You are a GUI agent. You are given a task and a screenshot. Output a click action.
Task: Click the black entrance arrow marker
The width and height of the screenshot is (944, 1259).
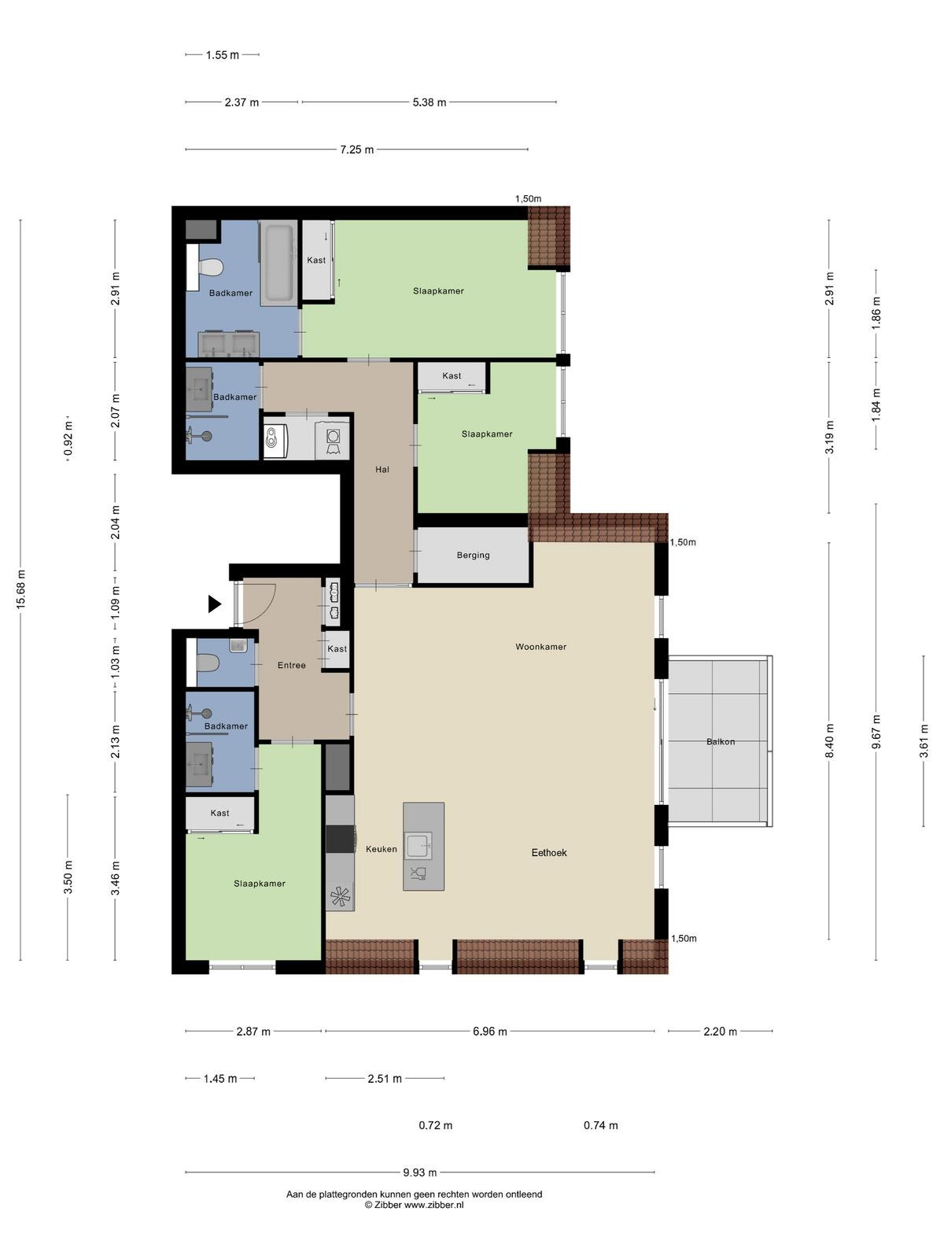(214, 604)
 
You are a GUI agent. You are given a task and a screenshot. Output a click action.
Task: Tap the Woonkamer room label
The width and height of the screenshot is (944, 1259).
(540, 647)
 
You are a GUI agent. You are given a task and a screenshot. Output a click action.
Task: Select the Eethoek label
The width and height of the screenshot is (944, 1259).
(548, 852)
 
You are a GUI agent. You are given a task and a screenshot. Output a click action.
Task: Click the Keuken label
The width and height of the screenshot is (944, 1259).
(382, 849)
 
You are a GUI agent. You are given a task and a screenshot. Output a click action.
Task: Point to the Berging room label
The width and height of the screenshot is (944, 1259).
(473, 555)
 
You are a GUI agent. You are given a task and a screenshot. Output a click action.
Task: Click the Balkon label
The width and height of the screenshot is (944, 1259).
(721, 742)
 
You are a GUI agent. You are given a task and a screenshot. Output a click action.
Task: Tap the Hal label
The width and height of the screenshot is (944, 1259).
(382, 469)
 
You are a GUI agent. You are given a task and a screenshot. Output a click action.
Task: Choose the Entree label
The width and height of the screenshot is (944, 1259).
(291, 666)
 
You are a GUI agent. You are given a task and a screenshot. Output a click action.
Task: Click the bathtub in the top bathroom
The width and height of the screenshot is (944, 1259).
(278, 264)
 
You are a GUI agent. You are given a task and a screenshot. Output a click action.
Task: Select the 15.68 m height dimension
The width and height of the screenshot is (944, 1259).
(20, 589)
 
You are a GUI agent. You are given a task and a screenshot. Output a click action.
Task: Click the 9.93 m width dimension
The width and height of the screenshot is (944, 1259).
(419, 1172)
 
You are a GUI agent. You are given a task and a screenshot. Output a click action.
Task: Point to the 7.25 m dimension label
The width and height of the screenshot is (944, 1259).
(356, 150)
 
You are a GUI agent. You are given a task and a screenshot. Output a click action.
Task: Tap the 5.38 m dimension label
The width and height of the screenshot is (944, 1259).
(430, 102)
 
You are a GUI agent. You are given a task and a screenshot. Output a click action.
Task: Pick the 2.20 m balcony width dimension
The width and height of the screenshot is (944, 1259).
(720, 1032)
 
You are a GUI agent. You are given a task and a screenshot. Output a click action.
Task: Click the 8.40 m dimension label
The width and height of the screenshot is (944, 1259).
(829, 740)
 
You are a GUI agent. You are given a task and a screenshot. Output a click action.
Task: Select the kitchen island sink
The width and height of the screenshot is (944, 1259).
(419, 846)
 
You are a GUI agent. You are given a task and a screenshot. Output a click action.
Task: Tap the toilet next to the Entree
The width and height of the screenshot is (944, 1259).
(208, 663)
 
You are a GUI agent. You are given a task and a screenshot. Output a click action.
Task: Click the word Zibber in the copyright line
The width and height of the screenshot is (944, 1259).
(388, 1205)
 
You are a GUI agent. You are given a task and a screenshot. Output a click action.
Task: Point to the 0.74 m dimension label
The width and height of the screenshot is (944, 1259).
(601, 1125)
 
